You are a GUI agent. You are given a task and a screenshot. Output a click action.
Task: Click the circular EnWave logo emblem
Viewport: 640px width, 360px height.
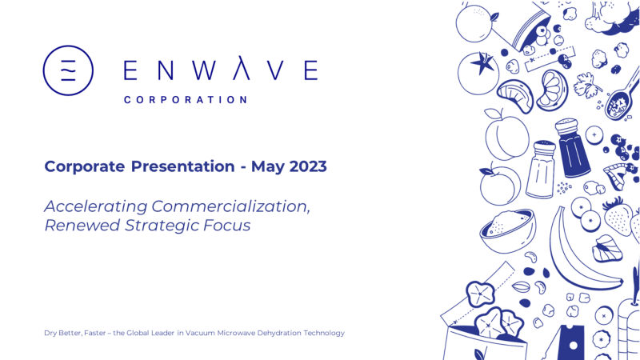(68, 70)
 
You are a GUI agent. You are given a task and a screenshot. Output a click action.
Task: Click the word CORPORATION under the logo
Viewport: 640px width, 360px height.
(186, 100)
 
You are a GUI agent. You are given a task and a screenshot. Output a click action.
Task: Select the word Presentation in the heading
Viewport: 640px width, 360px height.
(183, 166)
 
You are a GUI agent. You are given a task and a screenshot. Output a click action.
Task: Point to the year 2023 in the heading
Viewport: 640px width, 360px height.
(308, 166)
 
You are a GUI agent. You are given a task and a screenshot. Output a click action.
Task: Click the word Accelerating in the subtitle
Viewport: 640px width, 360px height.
(96, 207)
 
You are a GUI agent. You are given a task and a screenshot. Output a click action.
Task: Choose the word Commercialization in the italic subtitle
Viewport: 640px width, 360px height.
(230, 206)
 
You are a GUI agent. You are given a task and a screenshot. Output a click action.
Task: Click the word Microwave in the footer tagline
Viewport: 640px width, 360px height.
(236, 333)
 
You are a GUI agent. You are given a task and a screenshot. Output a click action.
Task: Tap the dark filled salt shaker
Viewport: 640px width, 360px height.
(573, 148)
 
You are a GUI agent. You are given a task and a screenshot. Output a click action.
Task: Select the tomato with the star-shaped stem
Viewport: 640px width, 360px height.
(478, 74)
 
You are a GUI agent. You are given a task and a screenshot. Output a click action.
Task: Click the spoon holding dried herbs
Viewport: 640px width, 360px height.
(622, 98)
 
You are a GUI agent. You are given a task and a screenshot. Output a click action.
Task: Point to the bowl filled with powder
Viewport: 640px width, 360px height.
(507, 231)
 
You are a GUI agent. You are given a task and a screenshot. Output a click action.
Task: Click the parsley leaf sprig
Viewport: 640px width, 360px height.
(587, 86)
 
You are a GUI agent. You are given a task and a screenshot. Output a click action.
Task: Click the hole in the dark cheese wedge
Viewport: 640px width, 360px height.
(573, 346)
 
